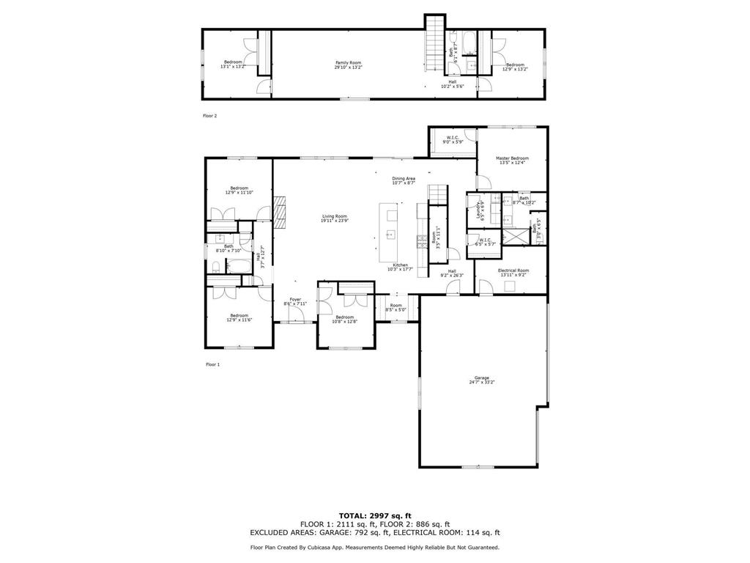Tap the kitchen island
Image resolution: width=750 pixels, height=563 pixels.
coord(389,233)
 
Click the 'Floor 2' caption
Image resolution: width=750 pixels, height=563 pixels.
coord(210,116)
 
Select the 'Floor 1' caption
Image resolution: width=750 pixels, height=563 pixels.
coord(212,364)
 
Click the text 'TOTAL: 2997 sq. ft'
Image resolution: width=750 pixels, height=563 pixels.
coord(374,515)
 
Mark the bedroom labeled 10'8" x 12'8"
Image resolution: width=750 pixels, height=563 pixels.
coord(344,319)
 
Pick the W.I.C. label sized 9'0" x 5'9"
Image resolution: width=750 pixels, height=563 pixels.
coord(452,139)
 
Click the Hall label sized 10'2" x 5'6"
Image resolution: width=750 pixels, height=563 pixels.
coord(453,84)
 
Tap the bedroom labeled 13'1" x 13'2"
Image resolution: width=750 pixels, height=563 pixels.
coord(233,64)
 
